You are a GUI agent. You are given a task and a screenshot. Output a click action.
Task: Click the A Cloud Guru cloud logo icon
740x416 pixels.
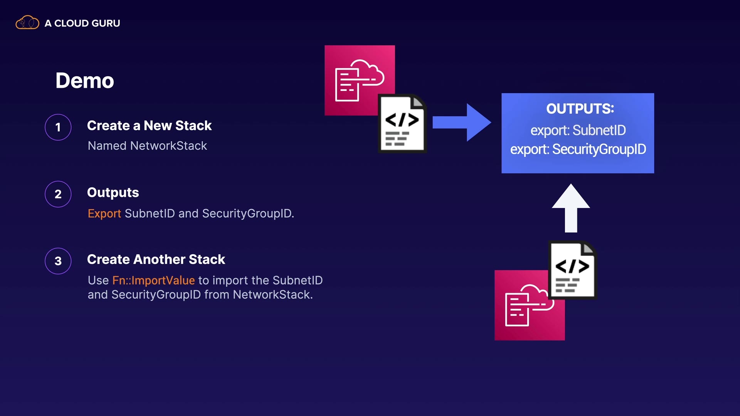27,23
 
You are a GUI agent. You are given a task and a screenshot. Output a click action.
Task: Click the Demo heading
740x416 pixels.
85,81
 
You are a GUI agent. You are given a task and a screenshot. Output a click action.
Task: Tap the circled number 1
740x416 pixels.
58,127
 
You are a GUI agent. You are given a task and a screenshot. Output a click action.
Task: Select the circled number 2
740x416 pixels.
58,194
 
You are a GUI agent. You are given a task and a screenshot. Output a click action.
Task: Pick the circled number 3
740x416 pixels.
58,261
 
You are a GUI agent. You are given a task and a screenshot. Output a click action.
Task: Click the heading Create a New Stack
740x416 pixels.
149,126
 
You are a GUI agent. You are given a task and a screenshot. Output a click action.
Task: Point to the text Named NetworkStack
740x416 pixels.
147,146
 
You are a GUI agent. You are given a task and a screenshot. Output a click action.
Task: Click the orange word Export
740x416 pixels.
104,213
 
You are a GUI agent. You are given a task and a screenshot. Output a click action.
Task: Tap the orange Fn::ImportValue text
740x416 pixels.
153,280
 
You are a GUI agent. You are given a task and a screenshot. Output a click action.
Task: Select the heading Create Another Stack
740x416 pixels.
156,260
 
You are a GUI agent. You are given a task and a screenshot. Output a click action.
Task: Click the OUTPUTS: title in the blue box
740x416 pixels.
580,109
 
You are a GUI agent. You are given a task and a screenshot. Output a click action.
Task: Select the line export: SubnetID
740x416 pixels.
578,130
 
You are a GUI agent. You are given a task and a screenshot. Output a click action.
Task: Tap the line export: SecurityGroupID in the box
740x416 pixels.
578,149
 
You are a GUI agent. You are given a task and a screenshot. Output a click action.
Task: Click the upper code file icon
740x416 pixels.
402,124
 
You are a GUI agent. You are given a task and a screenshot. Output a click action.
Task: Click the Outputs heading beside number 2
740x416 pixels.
113,193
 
